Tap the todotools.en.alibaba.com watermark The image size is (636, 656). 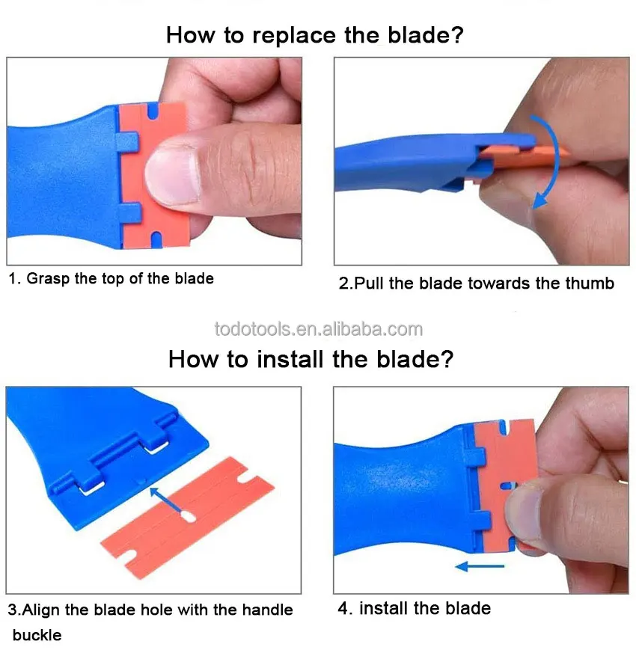[319, 329]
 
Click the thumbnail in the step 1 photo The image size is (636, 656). [172, 176]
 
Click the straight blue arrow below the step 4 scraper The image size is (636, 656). [480, 566]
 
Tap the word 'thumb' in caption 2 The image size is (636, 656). [590, 283]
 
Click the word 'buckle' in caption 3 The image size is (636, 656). [37, 635]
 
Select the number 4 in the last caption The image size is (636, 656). [343, 608]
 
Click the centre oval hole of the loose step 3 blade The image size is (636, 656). [189, 517]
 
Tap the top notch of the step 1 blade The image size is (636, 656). [153, 110]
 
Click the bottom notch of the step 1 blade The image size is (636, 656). [156, 239]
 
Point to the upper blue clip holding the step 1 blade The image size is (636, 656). [127, 142]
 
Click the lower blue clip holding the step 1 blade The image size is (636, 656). [129, 213]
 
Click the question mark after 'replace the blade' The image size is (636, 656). [456, 35]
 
